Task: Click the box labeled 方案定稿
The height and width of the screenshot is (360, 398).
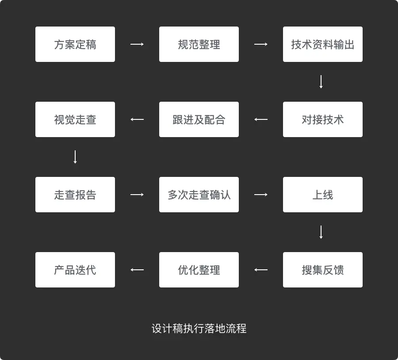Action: pyautogui.click(x=75, y=44)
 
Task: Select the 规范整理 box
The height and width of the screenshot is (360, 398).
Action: pyautogui.click(x=199, y=44)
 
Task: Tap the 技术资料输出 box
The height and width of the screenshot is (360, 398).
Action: pyautogui.click(x=323, y=44)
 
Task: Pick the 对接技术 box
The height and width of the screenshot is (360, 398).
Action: pyautogui.click(x=323, y=119)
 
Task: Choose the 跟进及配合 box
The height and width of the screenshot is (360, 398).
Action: pyautogui.click(x=199, y=119)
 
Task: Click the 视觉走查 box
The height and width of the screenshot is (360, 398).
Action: pyautogui.click(x=75, y=119)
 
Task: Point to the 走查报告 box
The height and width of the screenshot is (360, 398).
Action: pyautogui.click(x=75, y=195)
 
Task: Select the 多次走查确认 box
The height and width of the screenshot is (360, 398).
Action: pyautogui.click(x=199, y=195)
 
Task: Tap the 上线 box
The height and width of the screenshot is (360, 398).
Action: pyautogui.click(x=323, y=195)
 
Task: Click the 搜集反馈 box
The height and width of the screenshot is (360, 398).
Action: pyautogui.click(x=323, y=270)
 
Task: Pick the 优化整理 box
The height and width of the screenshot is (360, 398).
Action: pyautogui.click(x=199, y=270)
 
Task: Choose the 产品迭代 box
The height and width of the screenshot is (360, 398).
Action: pyautogui.click(x=75, y=270)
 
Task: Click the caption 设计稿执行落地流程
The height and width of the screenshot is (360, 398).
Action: pyautogui.click(x=199, y=329)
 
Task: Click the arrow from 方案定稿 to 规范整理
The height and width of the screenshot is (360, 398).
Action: pyautogui.click(x=137, y=44)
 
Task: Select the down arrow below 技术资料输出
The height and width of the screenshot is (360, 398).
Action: pyautogui.click(x=321, y=82)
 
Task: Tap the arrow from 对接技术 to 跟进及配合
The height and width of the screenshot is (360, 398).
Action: pyautogui.click(x=261, y=119)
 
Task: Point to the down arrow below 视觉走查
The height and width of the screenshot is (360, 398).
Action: pyautogui.click(x=75, y=157)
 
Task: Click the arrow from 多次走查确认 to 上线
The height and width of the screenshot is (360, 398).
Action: pyautogui.click(x=261, y=195)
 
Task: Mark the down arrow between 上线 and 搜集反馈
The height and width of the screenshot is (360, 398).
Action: pyautogui.click(x=321, y=232)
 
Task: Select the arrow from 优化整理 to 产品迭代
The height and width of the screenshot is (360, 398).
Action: pyautogui.click(x=137, y=270)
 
